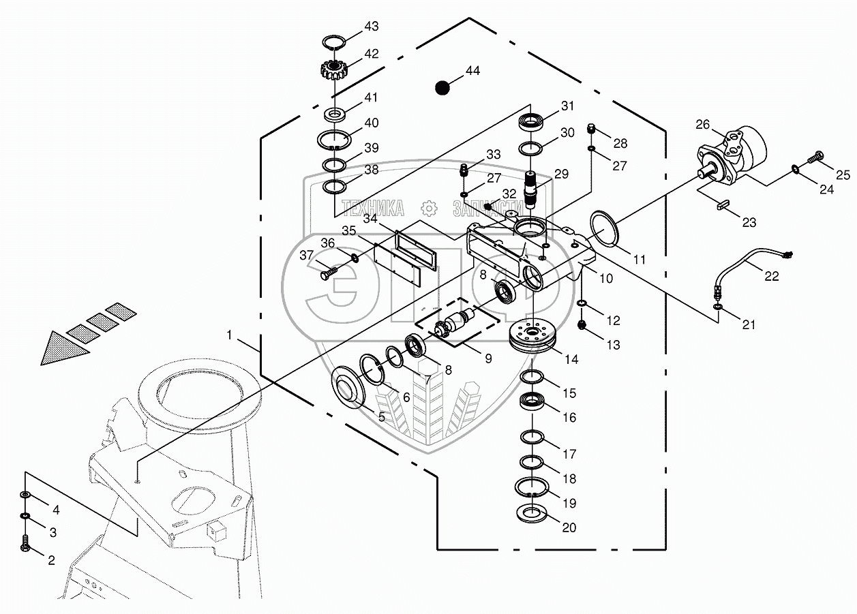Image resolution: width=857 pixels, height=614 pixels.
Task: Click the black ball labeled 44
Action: (442, 88)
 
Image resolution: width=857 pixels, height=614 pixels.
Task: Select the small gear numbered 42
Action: (333, 70)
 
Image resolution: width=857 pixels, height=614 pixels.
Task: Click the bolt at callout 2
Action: (25, 542)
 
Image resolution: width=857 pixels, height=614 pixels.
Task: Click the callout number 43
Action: (371, 27)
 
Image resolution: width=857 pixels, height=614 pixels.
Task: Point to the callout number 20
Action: (569, 527)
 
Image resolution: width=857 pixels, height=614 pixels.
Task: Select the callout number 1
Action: (229, 335)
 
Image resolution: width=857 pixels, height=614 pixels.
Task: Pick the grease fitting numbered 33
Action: (464, 170)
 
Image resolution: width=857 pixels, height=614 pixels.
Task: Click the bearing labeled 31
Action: (530, 123)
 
